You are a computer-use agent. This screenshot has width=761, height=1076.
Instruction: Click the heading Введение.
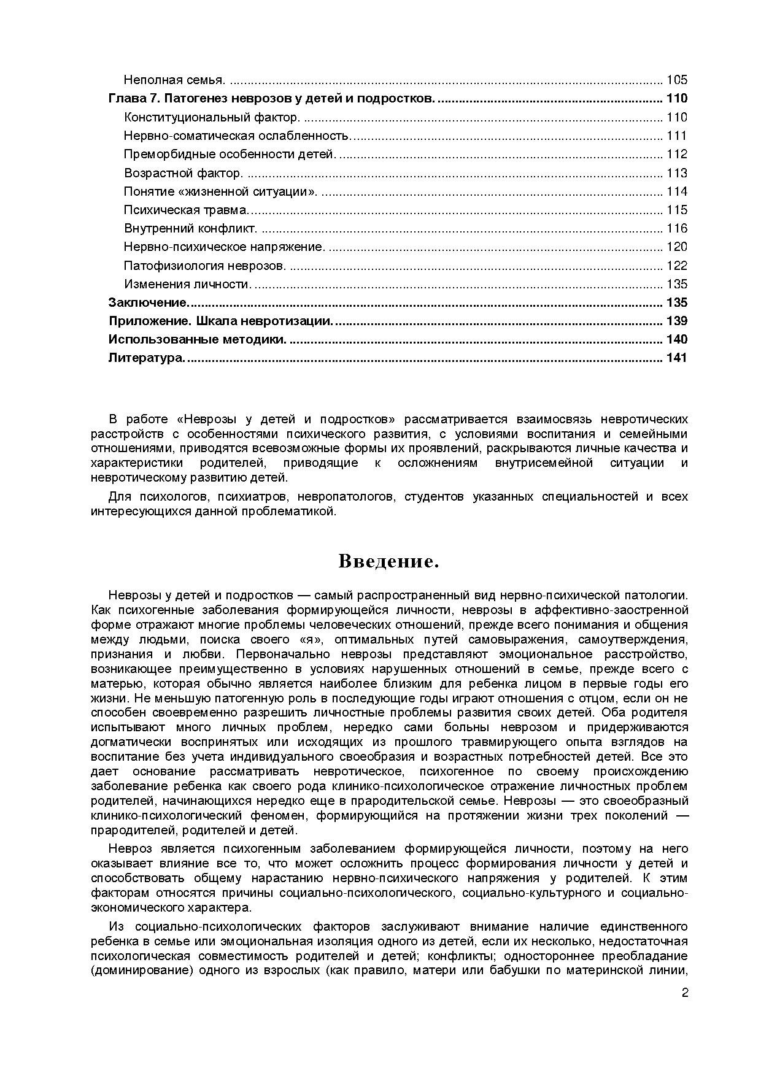(x=388, y=561)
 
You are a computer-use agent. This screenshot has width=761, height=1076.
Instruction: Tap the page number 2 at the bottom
(x=684, y=1010)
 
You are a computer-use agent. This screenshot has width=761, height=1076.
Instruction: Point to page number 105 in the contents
(x=676, y=80)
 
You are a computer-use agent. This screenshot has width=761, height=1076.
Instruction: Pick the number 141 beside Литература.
(x=676, y=358)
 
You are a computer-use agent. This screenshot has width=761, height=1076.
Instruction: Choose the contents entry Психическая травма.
(x=186, y=210)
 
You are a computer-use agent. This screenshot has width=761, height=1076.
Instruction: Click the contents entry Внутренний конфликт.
(x=190, y=228)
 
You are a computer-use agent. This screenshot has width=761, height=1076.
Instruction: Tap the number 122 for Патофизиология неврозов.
(x=676, y=266)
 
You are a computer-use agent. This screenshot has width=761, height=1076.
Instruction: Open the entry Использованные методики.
(x=197, y=339)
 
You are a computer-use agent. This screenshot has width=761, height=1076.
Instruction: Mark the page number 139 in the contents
(x=676, y=321)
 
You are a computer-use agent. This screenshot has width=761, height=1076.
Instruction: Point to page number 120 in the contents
(x=676, y=247)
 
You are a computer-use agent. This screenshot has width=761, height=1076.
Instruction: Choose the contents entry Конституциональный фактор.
(x=212, y=117)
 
